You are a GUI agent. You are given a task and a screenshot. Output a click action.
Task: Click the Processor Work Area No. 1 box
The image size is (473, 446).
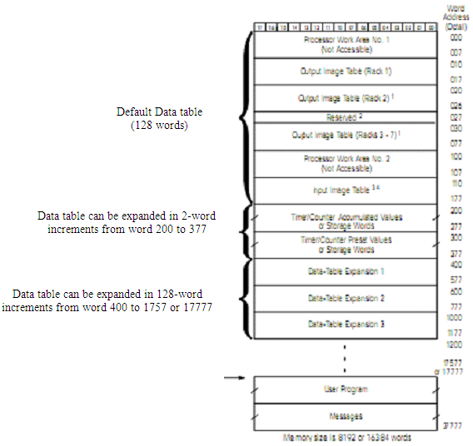345,44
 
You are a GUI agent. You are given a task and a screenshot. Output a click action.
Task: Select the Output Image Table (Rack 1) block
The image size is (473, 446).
345,71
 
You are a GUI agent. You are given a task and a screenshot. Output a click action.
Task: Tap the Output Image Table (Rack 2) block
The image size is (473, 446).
345,97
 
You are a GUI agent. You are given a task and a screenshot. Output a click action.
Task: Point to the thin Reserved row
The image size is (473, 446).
345,116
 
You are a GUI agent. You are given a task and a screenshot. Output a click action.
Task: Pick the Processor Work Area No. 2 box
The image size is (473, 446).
345,162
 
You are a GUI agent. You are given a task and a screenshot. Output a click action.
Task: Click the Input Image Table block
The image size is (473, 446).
345,190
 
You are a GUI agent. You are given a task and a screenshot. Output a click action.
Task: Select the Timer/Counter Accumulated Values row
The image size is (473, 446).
345,219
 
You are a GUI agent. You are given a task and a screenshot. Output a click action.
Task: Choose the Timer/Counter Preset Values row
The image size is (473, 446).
345,244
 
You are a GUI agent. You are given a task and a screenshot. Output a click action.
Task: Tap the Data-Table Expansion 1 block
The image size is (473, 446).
345,271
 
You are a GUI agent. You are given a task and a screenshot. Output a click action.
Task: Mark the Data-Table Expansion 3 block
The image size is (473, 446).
345,325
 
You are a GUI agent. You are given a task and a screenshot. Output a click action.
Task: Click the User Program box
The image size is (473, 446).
345,389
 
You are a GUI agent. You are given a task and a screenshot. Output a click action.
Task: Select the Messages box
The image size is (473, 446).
345,414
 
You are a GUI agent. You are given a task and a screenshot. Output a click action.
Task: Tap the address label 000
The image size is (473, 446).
455,37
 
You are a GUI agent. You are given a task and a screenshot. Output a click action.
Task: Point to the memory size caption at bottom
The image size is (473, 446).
345,437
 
